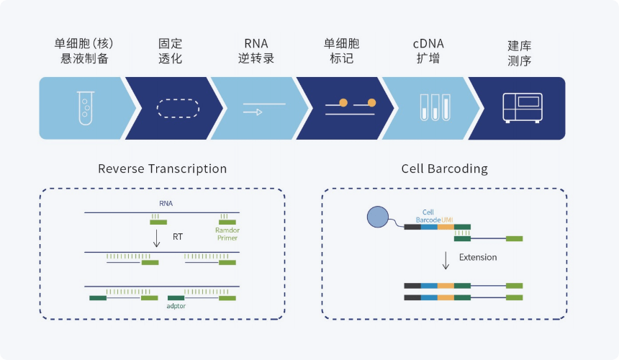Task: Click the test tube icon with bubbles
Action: coord(86,108)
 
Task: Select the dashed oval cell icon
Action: coord(178,108)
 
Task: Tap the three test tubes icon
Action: coord(435,107)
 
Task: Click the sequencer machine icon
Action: coord(523,108)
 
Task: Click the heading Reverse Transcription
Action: coord(162,169)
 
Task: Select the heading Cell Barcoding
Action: coord(445,169)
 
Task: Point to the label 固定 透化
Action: coord(170,51)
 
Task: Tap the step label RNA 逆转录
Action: coord(256,51)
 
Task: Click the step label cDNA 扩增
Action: coord(428,51)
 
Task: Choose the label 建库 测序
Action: coord(520,53)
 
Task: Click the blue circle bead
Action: coord(378,217)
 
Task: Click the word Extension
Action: coord(478,257)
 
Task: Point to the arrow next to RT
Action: coord(157,238)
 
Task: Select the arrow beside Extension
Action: coord(446,261)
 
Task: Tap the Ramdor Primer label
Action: coord(227,234)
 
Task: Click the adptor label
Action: coord(176,306)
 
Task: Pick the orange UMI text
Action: coord(447,220)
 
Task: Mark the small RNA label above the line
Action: coord(166,203)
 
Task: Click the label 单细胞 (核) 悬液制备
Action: coord(84,51)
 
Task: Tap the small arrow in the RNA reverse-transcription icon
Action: coord(253,112)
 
